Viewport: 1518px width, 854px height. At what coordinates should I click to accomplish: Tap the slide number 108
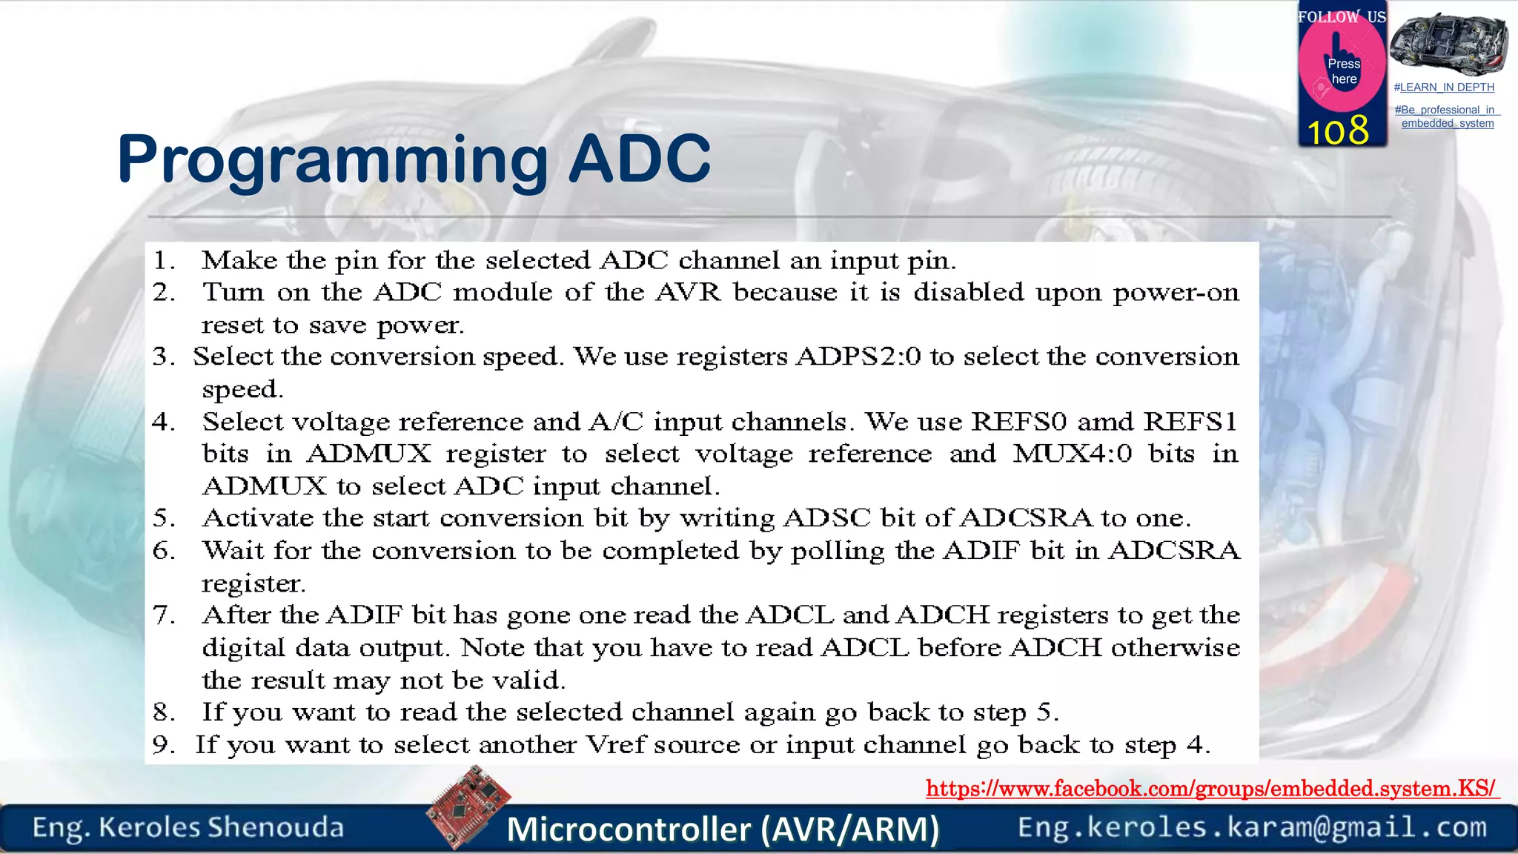1338,132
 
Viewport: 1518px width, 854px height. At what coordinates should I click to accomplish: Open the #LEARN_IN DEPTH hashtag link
1444,87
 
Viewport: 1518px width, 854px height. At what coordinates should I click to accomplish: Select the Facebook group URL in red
1211,788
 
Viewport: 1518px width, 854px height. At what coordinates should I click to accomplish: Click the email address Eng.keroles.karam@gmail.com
1252,827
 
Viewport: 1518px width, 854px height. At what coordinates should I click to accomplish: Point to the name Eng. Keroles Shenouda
188,827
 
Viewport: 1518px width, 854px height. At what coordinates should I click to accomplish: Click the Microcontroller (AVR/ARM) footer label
723,829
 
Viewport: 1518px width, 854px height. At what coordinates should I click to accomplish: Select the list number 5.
163,518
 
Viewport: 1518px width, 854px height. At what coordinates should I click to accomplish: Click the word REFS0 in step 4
1018,422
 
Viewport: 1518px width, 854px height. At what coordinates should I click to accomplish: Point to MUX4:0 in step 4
1072,454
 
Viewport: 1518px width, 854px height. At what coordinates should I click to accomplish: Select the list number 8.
163,712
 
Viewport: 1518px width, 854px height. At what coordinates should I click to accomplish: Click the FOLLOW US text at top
1341,16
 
